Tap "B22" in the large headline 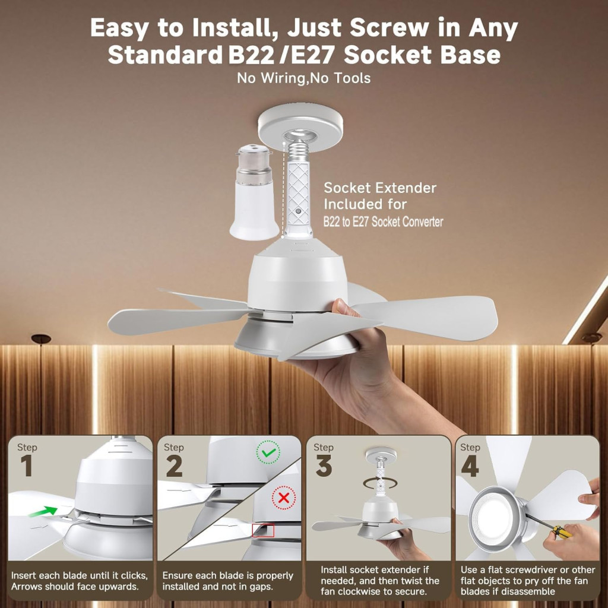click(x=251, y=55)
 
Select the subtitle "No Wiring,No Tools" click(x=303, y=78)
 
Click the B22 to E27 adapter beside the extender click(x=254, y=192)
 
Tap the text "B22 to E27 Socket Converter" click(x=383, y=222)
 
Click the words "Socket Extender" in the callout click(x=380, y=188)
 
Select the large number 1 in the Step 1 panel click(x=26, y=465)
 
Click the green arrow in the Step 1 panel click(x=43, y=511)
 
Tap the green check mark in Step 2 click(x=268, y=452)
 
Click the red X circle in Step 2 click(x=284, y=498)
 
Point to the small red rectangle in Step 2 click(x=263, y=530)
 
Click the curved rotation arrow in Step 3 click(x=380, y=483)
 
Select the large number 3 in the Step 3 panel click(x=324, y=465)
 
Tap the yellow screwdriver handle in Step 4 click(x=562, y=531)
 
